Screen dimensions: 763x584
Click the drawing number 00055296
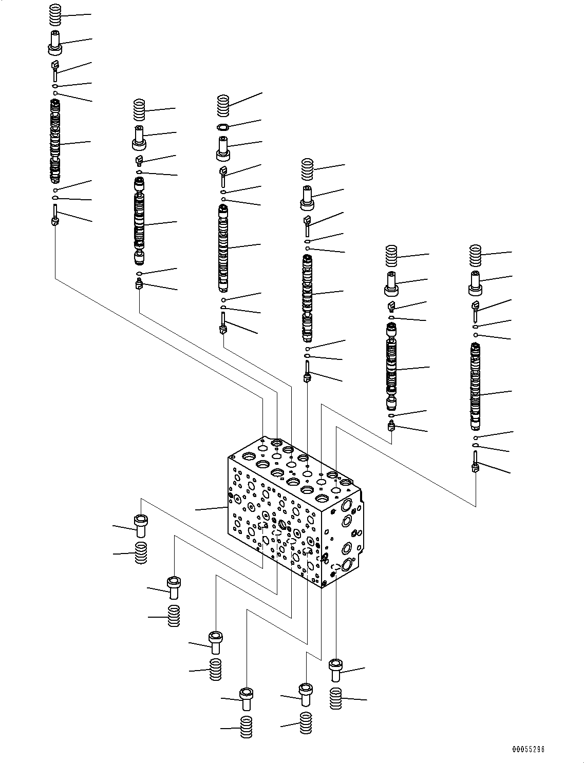tap(528, 749)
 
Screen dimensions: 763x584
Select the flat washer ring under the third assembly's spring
tap(223, 127)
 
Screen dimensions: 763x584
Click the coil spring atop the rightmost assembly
tap(476, 257)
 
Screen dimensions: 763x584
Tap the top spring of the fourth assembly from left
tap(307, 169)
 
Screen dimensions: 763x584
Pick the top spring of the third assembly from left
tap(223, 105)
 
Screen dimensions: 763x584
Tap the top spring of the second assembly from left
tap(139, 109)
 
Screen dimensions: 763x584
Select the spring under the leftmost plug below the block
tap(141, 552)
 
